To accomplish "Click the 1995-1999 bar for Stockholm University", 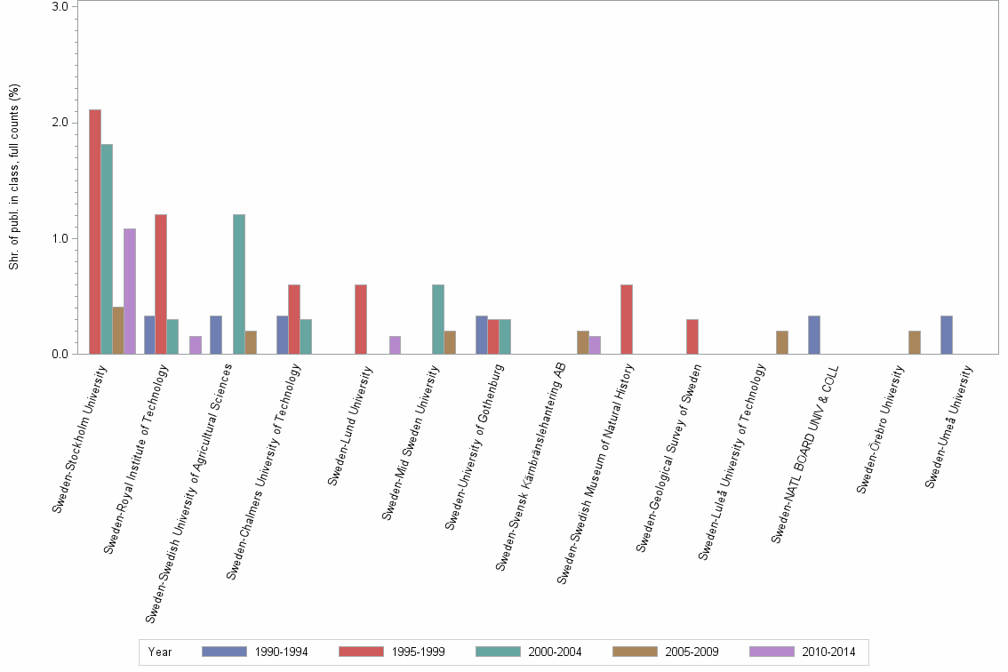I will [x=95, y=232].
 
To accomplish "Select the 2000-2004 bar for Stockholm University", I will [x=107, y=249].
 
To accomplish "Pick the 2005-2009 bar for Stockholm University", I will [x=118, y=331].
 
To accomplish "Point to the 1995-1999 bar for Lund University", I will [x=361, y=319].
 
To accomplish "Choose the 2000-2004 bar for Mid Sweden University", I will [x=438, y=319].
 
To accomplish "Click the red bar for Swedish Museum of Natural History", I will [x=627, y=319].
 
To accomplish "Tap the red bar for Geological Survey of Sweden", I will [x=692, y=337].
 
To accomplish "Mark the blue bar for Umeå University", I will [x=947, y=335].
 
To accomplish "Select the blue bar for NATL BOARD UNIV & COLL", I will [x=814, y=335].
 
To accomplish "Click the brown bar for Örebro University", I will [x=915, y=342].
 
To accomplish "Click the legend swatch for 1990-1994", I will [x=225, y=652].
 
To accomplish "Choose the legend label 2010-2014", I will [x=828, y=652].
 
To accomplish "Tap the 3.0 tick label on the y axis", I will [x=61, y=7].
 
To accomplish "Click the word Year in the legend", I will [x=160, y=652].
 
